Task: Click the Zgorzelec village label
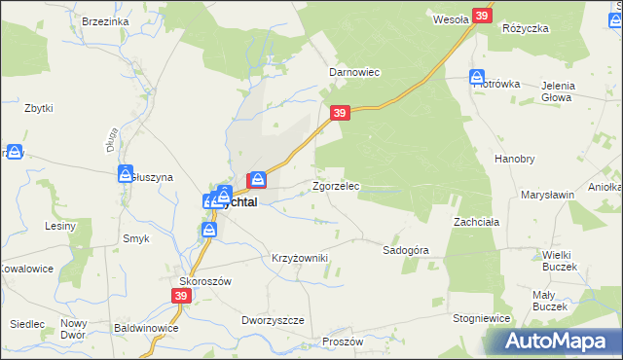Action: (336, 186)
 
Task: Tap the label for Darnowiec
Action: (353, 73)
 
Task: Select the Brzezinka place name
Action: (106, 21)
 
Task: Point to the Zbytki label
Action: (38, 107)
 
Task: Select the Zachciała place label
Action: (476, 222)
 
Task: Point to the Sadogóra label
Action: (406, 250)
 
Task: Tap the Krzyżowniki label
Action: (299, 258)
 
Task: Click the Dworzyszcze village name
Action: (273, 320)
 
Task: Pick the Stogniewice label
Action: (482, 318)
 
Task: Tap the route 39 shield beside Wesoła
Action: (483, 16)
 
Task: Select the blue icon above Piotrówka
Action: (477, 77)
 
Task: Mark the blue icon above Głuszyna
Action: (127, 173)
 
